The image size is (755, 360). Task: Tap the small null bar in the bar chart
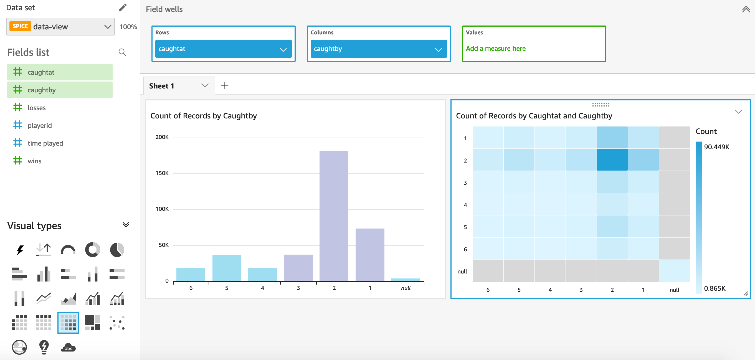pyautogui.click(x=405, y=280)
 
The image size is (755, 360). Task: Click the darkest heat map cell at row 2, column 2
pyautogui.click(x=612, y=160)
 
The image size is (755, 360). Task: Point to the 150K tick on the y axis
pyautogui.click(x=162, y=173)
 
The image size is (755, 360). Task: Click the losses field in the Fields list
pyautogui.click(x=37, y=108)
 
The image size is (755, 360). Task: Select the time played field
pyautogui.click(x=45, y=143)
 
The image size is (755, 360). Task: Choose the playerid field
pyautogui.click(x=40, y=125)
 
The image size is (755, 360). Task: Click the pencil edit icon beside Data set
pyautogui.click(x=123, y=7)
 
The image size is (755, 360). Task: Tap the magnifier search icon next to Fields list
pyautogui.click(x=122, y=52)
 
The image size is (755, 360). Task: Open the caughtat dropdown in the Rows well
pyautogui.click(x=283, y=49)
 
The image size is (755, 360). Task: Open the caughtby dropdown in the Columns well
pyautogui.click(x=438, y=49)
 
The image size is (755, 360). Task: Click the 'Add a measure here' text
pyautogui.click(x=496, y=49)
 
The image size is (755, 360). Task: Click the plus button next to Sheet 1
pyautogui.click(x=224, y=86)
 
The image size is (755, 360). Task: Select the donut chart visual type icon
pyautogui.click(x=92, y=250)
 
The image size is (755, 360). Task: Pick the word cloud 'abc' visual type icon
pyautogui.click(x=68, y=348)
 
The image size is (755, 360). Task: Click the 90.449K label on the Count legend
pyautogui.click(x=716, y=147)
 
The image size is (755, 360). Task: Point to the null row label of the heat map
pyautogui.click(x=462, y=272)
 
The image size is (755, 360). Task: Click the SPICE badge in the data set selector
pyautogui.click(x=20, y=26)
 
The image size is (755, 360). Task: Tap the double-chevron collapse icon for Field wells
pyautogui.click(x=746, y=9)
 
